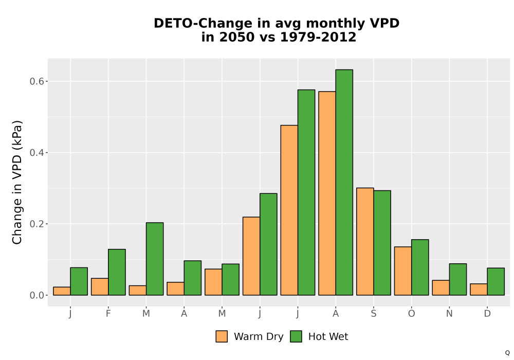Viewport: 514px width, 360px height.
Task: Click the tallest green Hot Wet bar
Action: (x=344, y=182)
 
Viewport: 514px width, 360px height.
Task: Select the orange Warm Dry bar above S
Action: (x=365, y=242)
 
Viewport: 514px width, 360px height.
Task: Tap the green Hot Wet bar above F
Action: (x=117, y=272)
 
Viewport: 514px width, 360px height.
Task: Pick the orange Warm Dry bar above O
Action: (x=403, y=271)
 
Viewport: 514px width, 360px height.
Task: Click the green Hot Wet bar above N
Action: (x=458, y=279)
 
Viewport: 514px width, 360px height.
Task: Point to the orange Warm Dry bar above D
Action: (x=479, y=290)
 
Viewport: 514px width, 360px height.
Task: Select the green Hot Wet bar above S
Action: (x=382, y=243)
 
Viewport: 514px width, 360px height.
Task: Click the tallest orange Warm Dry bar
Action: (x=327, y=193)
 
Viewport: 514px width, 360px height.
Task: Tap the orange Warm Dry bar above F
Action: (x=100, y=286)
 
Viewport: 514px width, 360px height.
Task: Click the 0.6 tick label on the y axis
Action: (x=37, y=81)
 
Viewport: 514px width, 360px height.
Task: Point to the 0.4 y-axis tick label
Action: (x=37, y=153)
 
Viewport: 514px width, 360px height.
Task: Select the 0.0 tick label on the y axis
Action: (x=37, y=295)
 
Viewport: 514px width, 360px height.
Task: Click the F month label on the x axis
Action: (x=108, y=314)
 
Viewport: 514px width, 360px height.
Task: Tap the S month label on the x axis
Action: (x=374, y=314)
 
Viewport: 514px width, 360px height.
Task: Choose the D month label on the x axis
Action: (x=487, y=314)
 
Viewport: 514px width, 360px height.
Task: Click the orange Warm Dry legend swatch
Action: (x=222, y=336)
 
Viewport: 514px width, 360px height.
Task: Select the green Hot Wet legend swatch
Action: (x=296, y=336)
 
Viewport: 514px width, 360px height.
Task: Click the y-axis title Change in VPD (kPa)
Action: (x=17, y=182)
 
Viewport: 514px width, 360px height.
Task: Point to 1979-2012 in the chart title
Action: (x=318, y=37)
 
